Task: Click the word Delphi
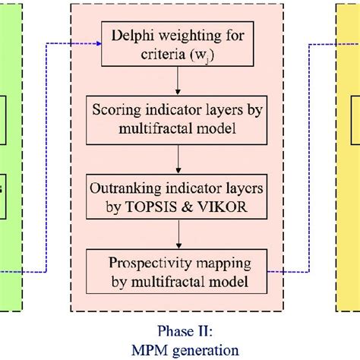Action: [131, 35]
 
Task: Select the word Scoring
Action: [115, 111]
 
